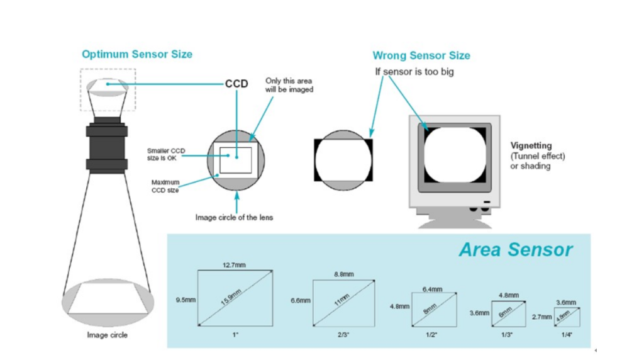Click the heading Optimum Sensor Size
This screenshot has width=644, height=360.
click(137, 54)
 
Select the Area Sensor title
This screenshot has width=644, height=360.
click(515, 249)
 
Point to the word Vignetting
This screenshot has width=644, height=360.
click(531, 145)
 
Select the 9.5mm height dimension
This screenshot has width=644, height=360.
click(186, 300)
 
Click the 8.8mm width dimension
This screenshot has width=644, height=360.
click(343, 274)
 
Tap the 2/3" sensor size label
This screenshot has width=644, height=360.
click(343, 335)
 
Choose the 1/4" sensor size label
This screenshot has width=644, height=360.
click(567, 335)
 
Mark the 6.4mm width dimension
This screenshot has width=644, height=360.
click(433, 289)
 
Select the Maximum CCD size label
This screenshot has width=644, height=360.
click(165, 186)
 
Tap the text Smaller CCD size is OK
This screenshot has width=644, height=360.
click(165, 154)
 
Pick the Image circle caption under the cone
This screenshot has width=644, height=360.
click(107, 335)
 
